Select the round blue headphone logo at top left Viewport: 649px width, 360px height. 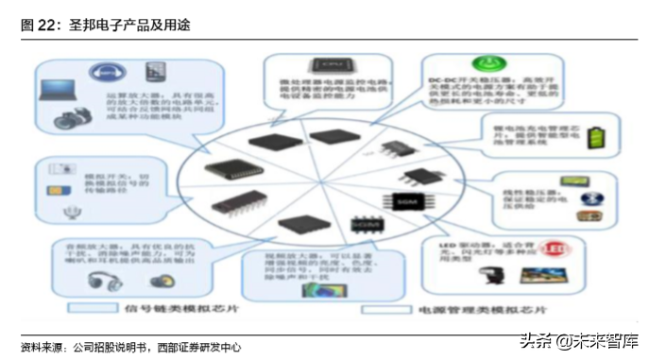pyautogui.click(x=107, y=72)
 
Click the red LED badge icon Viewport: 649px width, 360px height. pyautogui.click(x=583, y=249)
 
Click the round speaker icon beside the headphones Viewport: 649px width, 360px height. pyautogui.click(x=162, y=282)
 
